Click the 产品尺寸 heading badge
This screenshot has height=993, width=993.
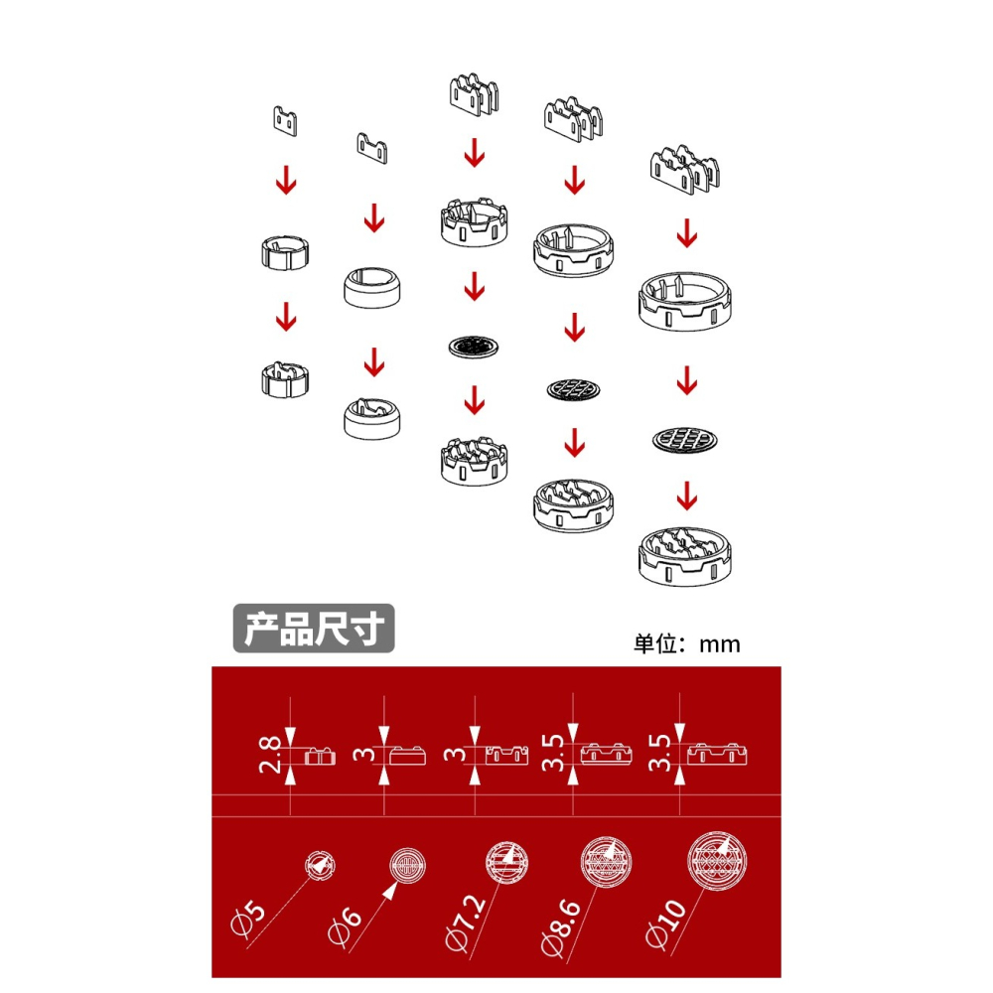click(x=313, y=630)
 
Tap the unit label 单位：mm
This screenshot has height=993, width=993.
click(x=687, y=643)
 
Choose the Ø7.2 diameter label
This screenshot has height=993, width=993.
click(x=464, y=923)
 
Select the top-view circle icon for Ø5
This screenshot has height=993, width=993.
click(x=318, y=865)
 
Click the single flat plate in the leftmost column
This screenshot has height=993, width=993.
click(x=285, y=119)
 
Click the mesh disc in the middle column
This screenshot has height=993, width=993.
click(x=475, y=347)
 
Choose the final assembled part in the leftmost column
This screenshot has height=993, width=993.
click(x=285, y=378)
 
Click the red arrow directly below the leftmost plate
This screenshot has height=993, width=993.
click(x=286, y=182)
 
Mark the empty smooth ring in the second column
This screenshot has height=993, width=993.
click(x=372, y=287)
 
